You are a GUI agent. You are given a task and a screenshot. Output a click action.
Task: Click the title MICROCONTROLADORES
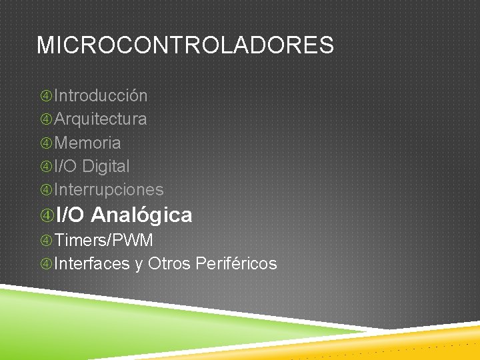pos(185,45)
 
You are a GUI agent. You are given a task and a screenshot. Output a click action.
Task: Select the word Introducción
pos(101,96)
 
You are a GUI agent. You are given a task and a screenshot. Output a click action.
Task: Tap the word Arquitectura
pos(101,119)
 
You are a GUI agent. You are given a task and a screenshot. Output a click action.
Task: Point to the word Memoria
pos(87,143)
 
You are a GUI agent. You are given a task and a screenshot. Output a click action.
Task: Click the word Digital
pos(106,166)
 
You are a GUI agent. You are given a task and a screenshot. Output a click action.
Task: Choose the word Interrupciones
pos(109,189)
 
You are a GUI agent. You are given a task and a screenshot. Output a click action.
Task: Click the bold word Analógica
pos(141,215)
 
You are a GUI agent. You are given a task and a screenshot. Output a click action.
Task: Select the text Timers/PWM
pos(103,240)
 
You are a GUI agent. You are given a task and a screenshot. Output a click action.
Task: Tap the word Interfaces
pos(92,264)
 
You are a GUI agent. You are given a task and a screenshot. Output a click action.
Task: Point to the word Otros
pos(169,264)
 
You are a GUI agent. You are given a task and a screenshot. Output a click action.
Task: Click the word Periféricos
pos(236,264)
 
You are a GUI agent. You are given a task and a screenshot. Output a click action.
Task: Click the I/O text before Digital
pos(66,166)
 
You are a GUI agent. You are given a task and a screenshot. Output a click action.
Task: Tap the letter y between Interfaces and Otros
pos(139,265)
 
